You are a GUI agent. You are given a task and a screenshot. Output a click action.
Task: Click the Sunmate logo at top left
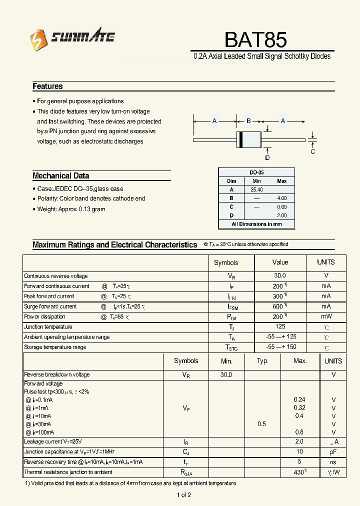[72, 37]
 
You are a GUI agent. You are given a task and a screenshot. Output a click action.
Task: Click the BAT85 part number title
[255, 39]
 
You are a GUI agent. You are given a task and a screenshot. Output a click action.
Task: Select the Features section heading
[47, 86]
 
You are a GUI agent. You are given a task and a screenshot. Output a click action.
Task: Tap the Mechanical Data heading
[60, 175]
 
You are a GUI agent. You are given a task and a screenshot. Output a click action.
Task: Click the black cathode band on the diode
[240, 139]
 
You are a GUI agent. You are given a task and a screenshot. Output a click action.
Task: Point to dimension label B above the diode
[248, 121]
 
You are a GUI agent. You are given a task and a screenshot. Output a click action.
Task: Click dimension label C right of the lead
[313, 152]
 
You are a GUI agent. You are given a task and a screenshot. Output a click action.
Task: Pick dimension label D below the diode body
[267, 157]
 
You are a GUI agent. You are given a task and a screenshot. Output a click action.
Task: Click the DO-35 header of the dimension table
[256, 172]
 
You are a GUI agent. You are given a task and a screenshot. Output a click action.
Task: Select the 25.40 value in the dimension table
[256, 190]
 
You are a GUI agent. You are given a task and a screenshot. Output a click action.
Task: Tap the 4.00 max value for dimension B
[281, 198]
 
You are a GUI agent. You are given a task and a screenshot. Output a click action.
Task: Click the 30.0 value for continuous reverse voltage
[280, 275]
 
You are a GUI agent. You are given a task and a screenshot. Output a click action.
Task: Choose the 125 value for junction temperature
[280, 326]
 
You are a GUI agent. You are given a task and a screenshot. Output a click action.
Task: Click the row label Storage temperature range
[55, 347]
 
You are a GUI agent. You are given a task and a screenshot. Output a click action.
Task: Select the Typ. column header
[262, 361]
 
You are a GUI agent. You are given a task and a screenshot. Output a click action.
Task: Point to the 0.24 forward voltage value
[299, 399]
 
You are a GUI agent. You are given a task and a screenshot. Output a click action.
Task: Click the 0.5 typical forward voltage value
[261, 424]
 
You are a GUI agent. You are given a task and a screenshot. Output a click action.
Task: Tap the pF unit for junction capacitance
[333, 451]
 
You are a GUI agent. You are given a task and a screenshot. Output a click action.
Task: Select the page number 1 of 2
[183, 495]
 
